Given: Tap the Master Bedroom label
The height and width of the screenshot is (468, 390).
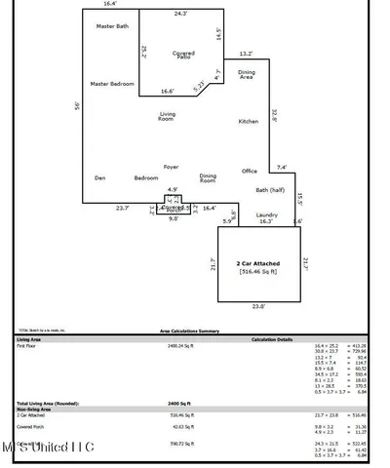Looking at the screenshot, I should tap(111, 83).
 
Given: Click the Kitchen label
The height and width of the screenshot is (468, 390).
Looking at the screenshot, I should tap(249, 121).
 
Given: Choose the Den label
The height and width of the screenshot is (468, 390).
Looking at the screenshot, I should tap(99, 177).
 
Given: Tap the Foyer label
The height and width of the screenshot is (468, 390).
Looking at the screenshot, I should tap(171, 166).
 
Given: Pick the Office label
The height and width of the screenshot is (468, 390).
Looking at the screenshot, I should tap(250, 171).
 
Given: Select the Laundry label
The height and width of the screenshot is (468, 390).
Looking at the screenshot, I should tap(267, 214).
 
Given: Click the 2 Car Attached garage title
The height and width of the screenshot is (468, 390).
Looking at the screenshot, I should tap(258, 263).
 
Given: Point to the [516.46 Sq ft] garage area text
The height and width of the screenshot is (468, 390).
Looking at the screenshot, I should tap(258, 272).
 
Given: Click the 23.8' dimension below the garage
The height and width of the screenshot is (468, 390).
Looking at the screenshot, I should tap(258, 308).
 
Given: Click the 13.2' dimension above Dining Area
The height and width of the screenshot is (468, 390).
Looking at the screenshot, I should tap(246, 55).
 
